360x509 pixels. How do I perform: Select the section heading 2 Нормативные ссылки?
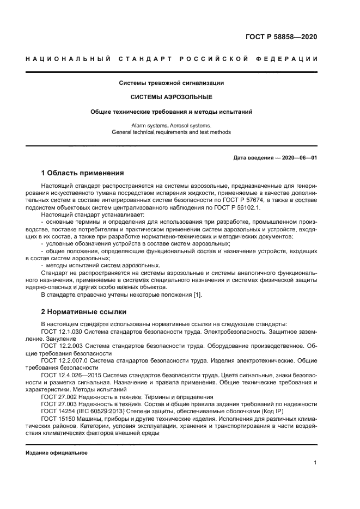(84, 312)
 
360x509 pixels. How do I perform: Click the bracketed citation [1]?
(198, 294)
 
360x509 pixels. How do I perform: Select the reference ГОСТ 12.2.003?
(63, 346)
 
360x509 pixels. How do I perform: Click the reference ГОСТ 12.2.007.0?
(65, 360)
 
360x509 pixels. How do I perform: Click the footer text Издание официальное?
(57, 453)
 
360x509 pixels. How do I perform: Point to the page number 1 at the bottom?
(315, 463)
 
